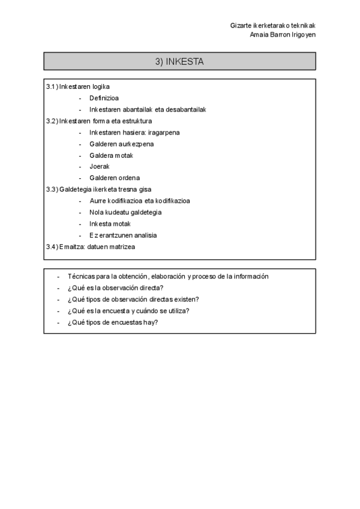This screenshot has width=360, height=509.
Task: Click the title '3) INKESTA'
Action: tap(179, 61)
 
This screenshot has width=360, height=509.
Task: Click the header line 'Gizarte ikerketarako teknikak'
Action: tap(272, 25)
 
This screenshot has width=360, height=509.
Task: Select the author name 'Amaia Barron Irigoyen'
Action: tap(282, 34)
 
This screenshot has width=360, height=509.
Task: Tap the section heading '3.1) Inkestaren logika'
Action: tap(78, 86)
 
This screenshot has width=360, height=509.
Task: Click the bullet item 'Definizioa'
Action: tap(104, 98)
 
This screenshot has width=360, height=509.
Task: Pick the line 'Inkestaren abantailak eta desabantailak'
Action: tap(148, 109)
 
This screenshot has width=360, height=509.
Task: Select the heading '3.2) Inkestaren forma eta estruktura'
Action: tap(99, 121)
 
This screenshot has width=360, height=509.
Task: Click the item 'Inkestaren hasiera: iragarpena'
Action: tap(134, 132)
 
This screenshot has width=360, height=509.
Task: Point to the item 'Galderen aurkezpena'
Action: tap(122, 143)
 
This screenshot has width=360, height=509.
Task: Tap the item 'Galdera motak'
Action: tap(111, 155)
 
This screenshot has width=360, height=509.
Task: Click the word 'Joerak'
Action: tap(100, 166)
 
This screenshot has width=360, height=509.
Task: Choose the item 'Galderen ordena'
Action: tap(115, 178)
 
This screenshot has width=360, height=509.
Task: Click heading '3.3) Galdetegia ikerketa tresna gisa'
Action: tap(99, 189)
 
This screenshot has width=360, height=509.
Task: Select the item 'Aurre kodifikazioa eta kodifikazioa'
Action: tap(140, 200)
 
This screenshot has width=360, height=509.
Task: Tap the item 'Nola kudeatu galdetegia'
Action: tap(125, 212)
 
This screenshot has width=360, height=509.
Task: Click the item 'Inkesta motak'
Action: tap(110, 223)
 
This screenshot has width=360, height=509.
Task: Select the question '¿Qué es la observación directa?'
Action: tap(116, 288)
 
